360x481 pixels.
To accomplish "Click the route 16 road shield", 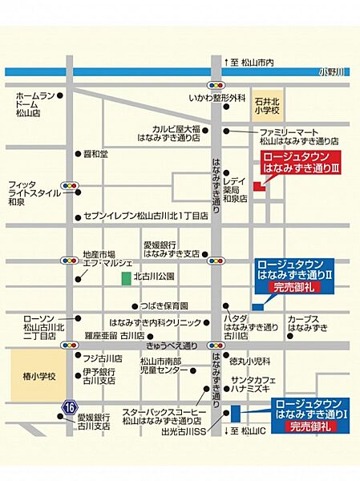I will click(x=66, y=410).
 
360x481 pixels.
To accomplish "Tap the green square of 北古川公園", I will click(x=126, y=278).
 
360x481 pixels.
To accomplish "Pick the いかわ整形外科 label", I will click(x=217, y=98).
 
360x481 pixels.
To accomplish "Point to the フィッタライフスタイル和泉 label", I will click(x=32, y=193).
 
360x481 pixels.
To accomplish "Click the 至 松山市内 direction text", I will click(x=252, y=62).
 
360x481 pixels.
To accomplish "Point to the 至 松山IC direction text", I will click(x=241, y=431).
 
